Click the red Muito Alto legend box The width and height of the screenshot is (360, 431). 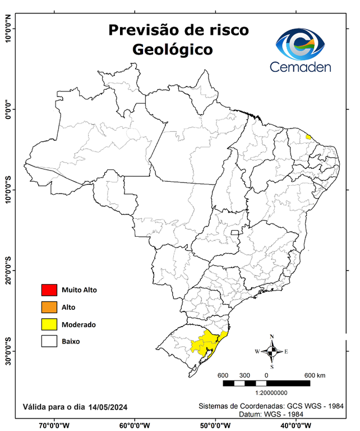pyautogui.click(x=49, y=290)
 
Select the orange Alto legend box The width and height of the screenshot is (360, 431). pyautogui.click(x=49, y=307)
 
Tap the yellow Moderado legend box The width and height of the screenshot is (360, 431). pyautogui.click(x=49, y=324)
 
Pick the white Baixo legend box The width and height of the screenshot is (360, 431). pyautogui.click(x=49, y=341)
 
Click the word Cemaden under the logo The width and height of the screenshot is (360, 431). pyautogui.click(x=301, y=67)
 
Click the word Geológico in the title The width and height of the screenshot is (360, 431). pyautogui.click(x=173, y=49)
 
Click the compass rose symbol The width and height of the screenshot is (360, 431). pyautogui.click(x=272, y=352)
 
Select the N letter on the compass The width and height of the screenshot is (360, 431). pyautogui.click(x=272, y=337)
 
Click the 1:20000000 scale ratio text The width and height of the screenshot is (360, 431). pyautogui.click(x=271, y=394)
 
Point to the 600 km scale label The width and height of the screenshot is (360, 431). pyautogui.click(x=315, y=375)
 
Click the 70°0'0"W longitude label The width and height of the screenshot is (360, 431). pyautogui.click(x=54, y=425)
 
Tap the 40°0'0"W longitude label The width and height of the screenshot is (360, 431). pyautogui.click(x=296, y=425)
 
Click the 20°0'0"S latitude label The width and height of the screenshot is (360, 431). pyautogui.click(x=7, y=271)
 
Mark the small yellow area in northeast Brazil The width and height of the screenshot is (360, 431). pyautogui.click(x=308, y=136)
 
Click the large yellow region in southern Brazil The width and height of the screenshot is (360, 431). pyautogui.click(x=205, y=342)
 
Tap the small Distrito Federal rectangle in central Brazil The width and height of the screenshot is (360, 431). pyautogui.click(x=234, y=231)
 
